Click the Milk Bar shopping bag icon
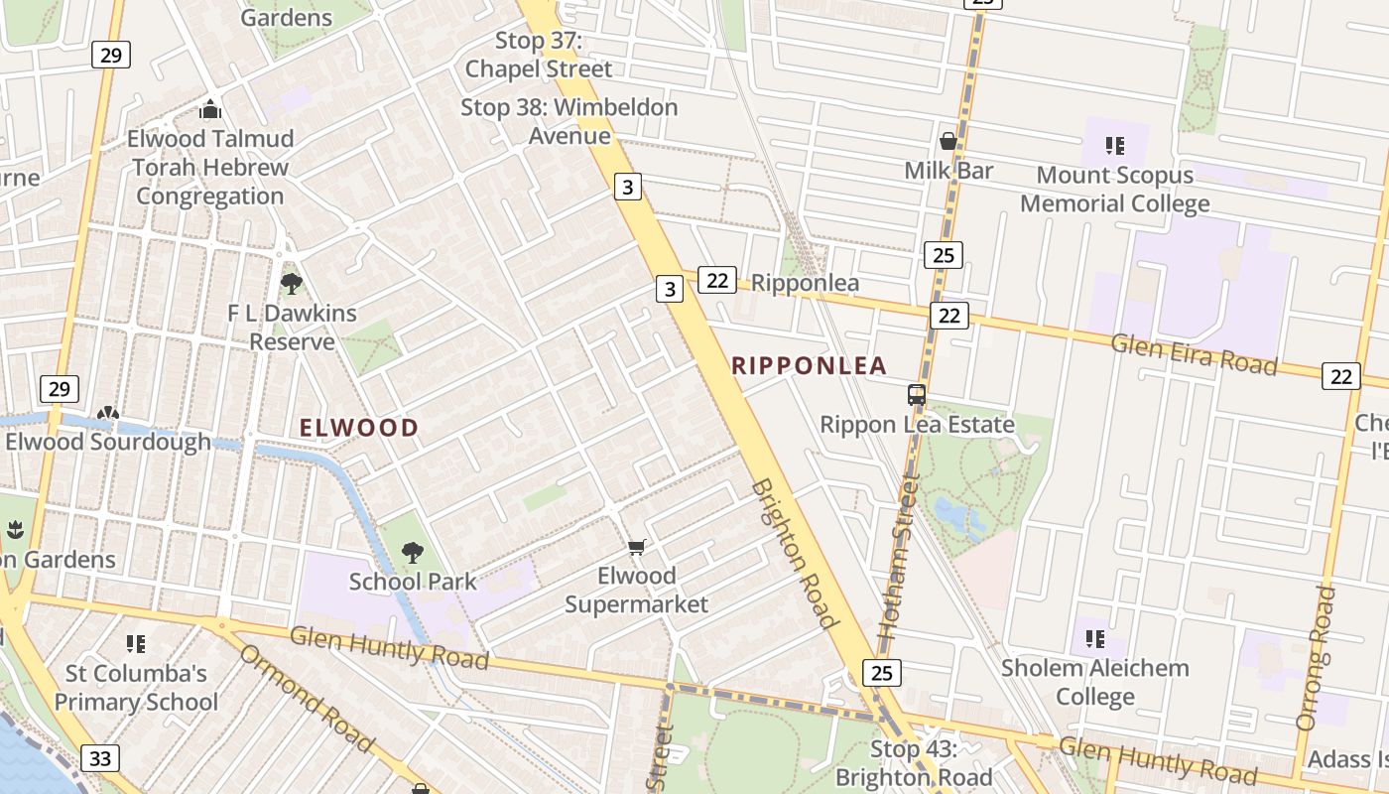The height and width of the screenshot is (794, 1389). (948, 141)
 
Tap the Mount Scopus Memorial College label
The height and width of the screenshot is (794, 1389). (1114, 190)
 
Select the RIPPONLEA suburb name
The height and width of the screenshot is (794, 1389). (809, 366)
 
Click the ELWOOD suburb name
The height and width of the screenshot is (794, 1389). (359, 428)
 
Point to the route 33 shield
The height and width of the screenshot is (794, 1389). (100, 759)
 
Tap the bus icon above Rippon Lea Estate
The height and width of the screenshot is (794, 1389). (917, 395)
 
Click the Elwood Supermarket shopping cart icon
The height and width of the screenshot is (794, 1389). (637, 547)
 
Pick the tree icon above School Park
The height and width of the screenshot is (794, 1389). (413, 553)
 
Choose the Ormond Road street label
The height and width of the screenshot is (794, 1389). (307, 698)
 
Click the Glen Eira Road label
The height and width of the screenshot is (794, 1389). (1194, 353)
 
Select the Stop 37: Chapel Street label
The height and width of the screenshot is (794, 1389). (539, 56)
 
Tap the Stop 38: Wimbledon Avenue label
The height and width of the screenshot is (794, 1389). (568, 121)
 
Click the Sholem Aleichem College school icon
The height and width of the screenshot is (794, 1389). (1095, 638)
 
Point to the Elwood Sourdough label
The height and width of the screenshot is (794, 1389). (108, 442)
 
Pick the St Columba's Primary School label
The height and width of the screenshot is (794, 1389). (136, 688)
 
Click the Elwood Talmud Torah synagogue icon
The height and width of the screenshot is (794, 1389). (210, 108)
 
